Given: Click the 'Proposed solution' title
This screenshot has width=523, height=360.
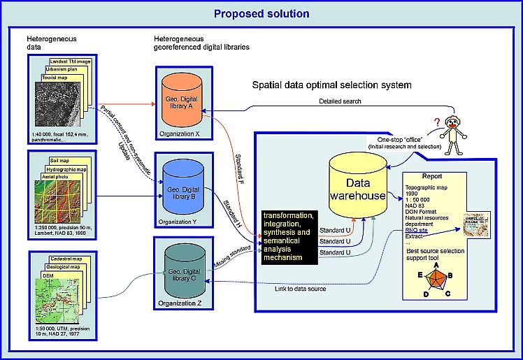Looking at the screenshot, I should pos(261,13).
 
